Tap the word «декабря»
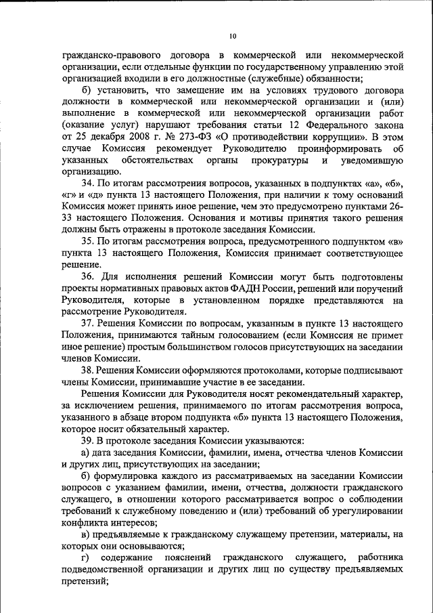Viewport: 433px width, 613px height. tap(103, 138)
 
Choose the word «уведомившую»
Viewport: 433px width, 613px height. tap(373, 161)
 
